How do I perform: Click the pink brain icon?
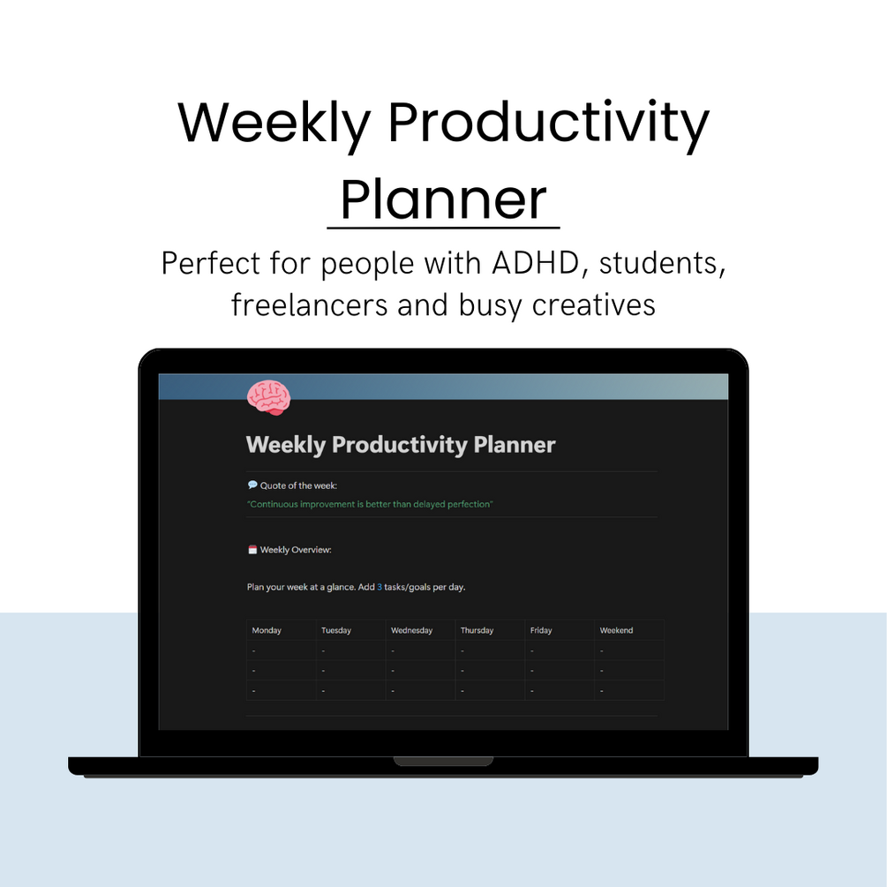268,397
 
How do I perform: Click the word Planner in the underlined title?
443,199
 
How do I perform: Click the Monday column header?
267,630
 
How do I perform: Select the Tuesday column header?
336,630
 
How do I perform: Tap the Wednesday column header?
411,630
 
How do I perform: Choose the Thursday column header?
477,630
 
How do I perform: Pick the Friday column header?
541,630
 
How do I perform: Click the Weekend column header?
616,630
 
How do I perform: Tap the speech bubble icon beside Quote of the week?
252,485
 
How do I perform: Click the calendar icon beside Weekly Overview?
252,550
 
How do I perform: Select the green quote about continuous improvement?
370,504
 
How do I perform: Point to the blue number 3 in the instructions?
380,587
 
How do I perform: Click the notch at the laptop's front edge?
443,761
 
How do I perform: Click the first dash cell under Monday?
254,650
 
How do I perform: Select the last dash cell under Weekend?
602,690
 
